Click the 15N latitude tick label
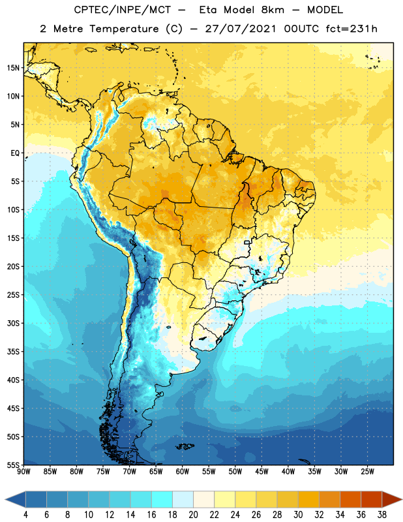point(13,68)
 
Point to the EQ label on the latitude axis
point(15,153)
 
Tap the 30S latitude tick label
point(13,323)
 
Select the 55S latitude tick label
point(13,465)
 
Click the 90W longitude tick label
point(23,472)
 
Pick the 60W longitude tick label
point(183,472)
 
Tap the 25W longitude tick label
point(367,472)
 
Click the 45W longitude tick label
point(262,472)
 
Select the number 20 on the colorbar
point(193,515)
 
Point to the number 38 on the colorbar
point(382,515)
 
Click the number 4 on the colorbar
point(25,515)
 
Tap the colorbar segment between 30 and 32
point(308,500)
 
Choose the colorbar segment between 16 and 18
point(162,500)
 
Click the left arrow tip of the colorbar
point(5,500)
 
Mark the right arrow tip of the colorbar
point(402,500)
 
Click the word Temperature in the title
point(124,29)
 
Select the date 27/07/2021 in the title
point(241,29)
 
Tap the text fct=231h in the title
point(351,29)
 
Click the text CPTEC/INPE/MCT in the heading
point(123,10)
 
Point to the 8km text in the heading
point(273,10)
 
